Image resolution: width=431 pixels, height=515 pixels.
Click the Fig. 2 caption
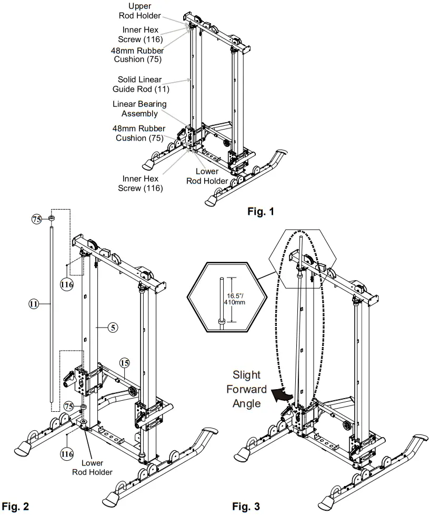15,507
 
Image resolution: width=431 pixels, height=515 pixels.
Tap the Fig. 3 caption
246,507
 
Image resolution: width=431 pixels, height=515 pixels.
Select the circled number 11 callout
33,304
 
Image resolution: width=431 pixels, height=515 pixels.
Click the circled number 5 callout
112,327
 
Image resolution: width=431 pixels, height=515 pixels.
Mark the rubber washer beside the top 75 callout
52,218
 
